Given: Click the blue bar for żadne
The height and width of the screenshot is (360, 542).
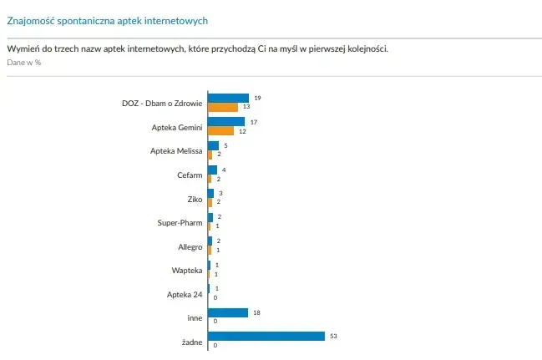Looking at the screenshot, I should [x=266, y=336].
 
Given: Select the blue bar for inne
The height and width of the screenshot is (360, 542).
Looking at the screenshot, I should [x=228, y=312].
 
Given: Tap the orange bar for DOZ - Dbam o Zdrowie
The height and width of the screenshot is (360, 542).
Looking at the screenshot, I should [x=223, y=107].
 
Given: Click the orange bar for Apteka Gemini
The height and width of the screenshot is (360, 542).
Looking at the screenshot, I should [x=221, y=131].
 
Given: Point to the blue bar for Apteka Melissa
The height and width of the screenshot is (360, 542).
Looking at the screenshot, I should [x=213, y=145].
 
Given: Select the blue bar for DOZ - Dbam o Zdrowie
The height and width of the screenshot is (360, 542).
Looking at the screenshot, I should [x=228, y=98].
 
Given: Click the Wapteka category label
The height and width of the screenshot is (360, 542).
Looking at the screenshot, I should [x=186, y=270].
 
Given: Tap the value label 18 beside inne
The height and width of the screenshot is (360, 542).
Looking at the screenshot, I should [x=257, y=312].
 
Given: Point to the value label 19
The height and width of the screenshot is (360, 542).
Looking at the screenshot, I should [x=257, y=98].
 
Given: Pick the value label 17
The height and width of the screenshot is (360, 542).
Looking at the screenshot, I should [x=254, y=122].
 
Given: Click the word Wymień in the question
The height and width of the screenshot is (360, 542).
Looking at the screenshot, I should [x=23, y=48].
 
